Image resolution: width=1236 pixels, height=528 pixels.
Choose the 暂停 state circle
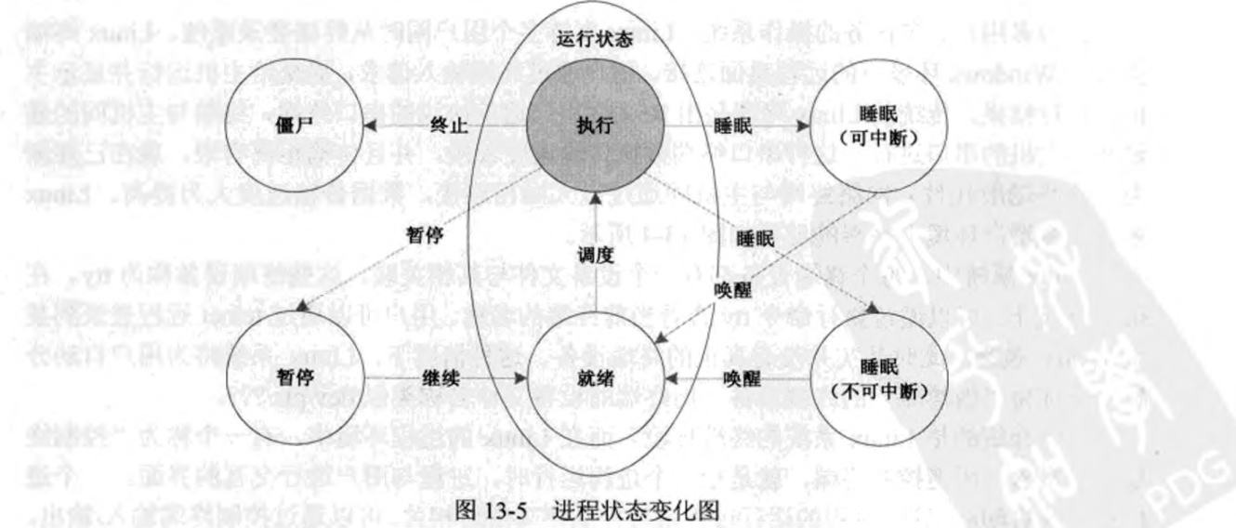(295, 381)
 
